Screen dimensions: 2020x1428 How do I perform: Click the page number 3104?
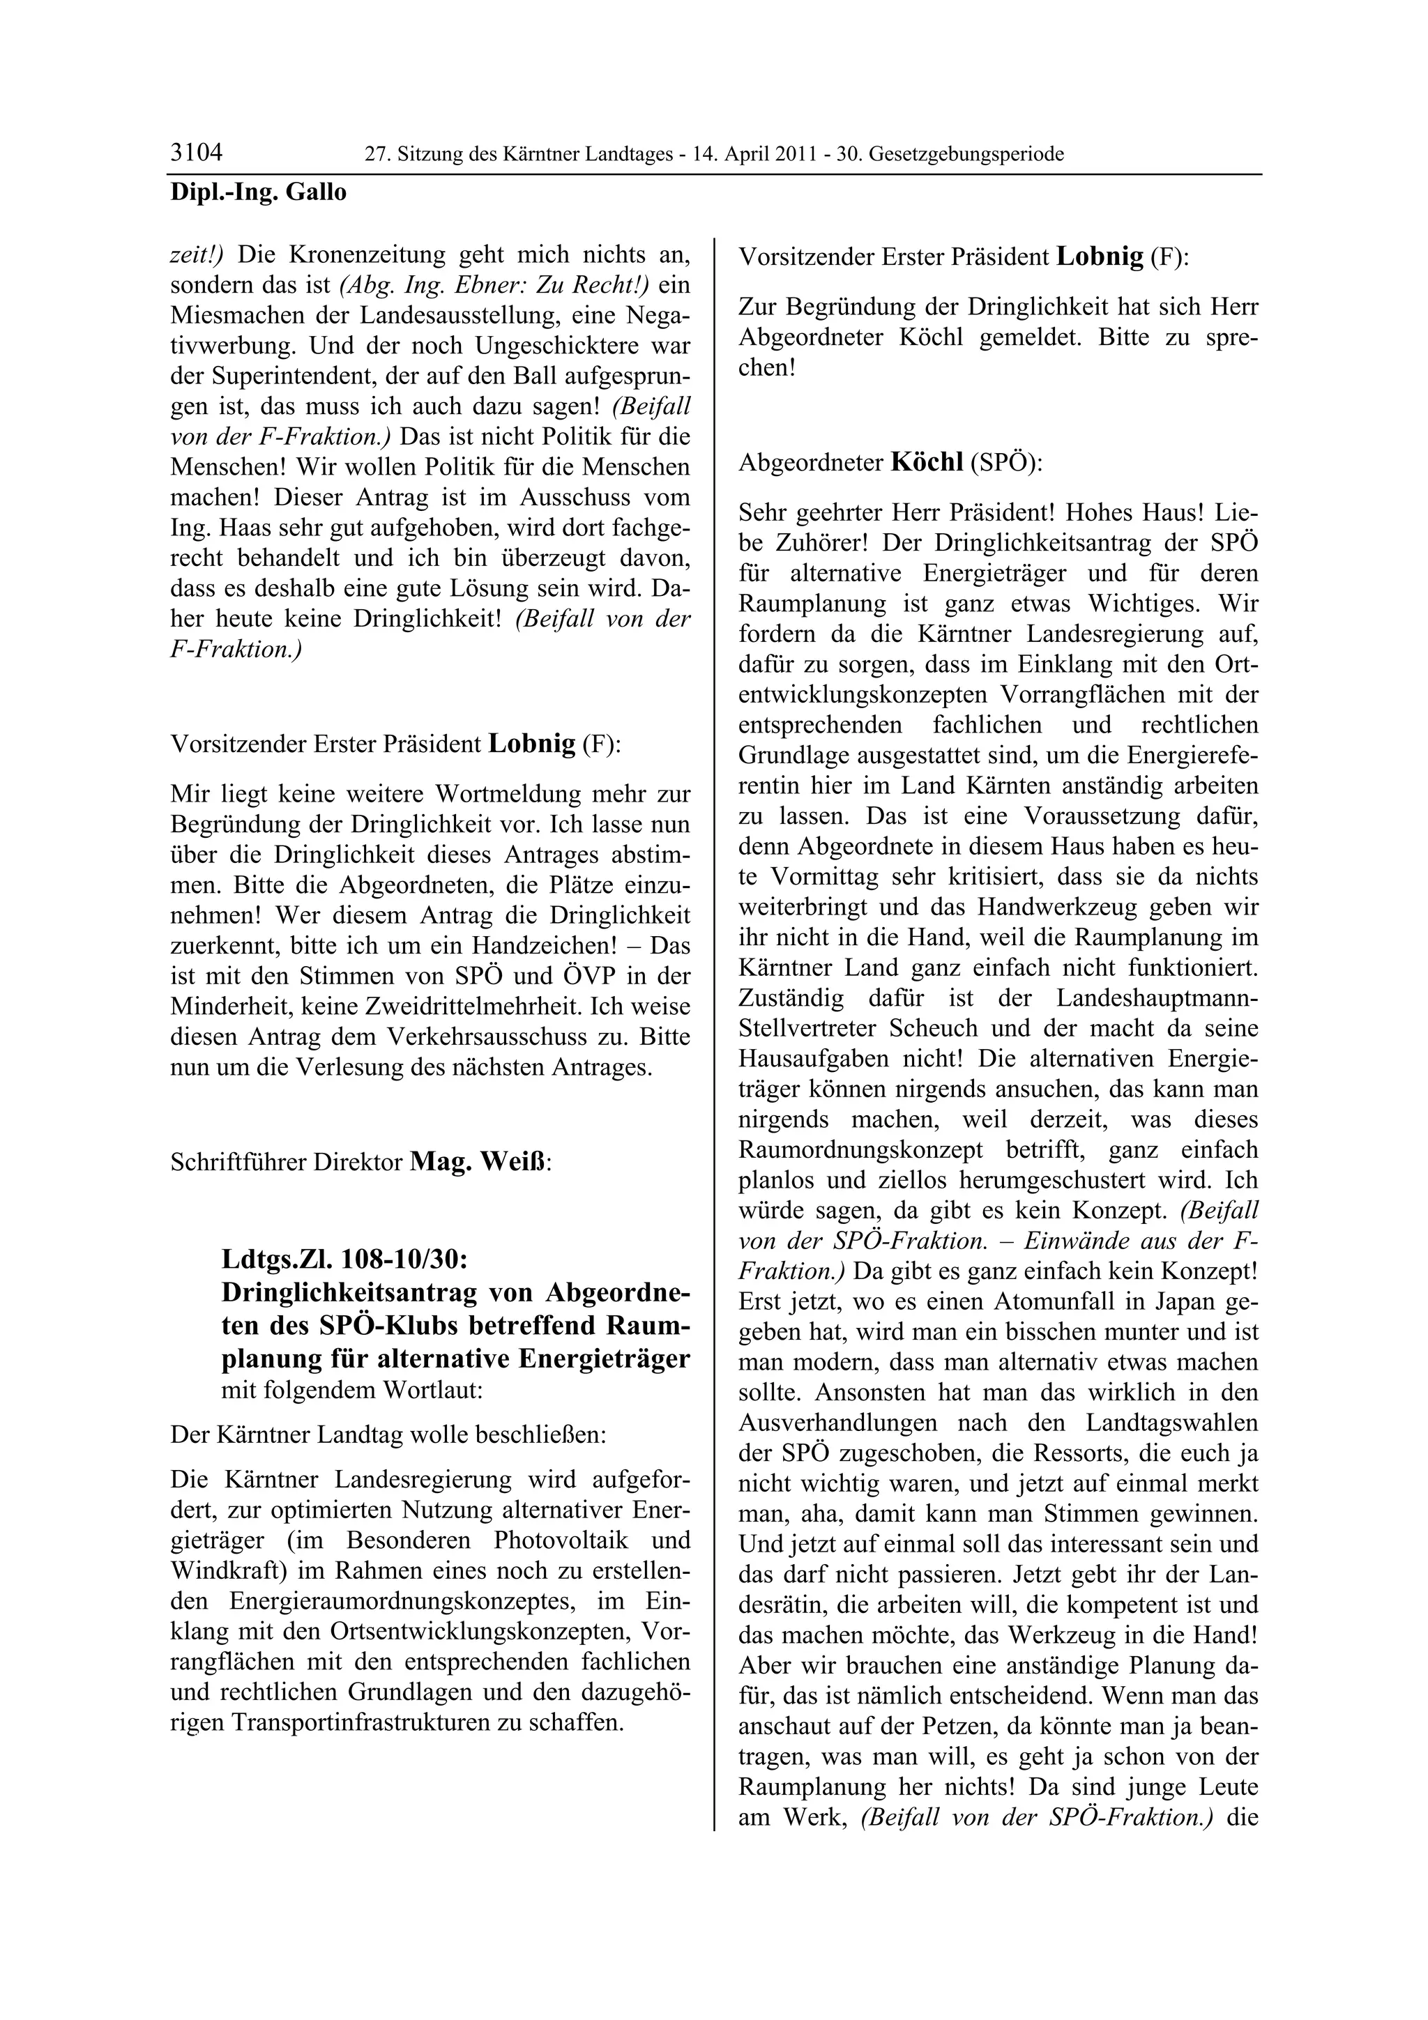tap(196, 153)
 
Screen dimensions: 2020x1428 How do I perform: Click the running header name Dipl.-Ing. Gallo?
tap(258, 192)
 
